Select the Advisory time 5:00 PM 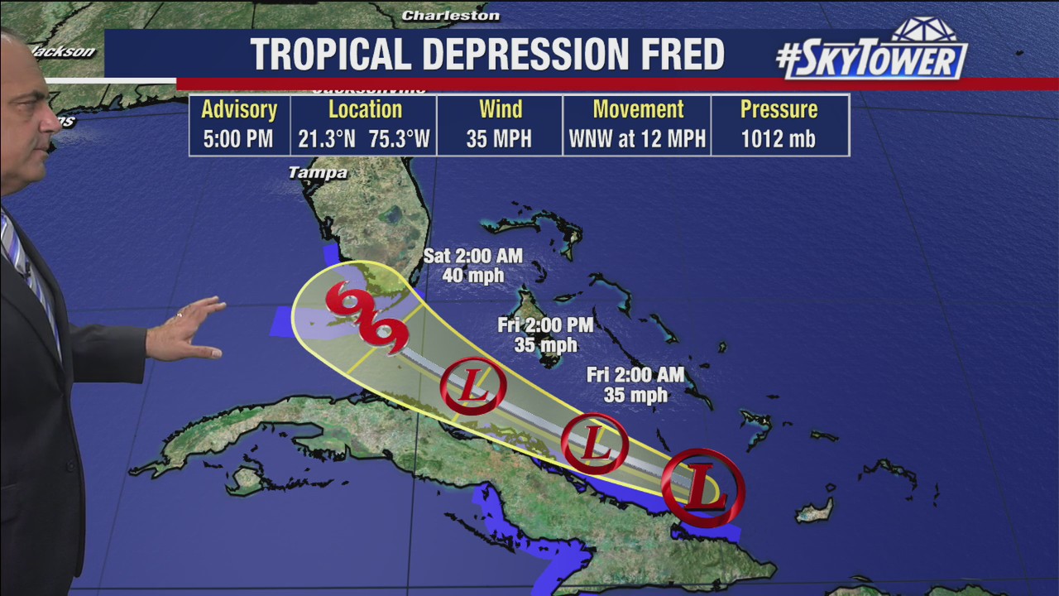pos(238,139)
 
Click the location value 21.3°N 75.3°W pos(365,139)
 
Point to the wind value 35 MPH pos(499,139)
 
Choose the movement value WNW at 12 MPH pos(637,139)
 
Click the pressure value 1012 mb pos(779,139)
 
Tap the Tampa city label pos(318,173)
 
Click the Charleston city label pos(450,16)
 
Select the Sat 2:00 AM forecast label pos(472,265)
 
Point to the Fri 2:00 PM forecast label pos(545,334)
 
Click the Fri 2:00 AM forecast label pos(635,385)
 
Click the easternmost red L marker pos(703,487)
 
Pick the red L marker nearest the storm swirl pos(473,386)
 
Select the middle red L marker pos(595,444)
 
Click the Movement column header pos(638,109)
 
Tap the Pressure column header pos(779,109)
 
